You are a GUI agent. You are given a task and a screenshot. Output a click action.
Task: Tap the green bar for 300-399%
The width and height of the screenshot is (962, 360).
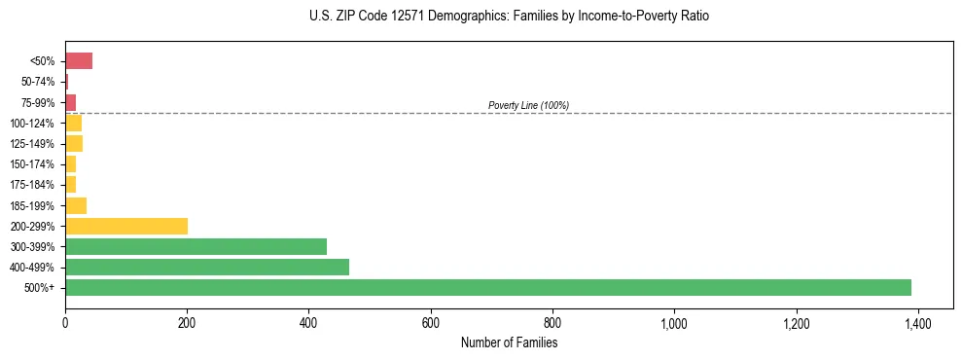[196, 247]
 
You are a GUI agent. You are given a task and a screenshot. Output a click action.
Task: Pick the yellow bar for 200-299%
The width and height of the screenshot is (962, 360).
[126, 227]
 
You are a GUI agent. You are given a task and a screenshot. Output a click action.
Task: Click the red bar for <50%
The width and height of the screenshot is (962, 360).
[79, 61]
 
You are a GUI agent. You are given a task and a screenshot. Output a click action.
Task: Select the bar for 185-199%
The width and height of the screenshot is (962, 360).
[76, 205]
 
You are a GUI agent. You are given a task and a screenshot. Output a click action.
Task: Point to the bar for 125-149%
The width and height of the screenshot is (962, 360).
[74, 144]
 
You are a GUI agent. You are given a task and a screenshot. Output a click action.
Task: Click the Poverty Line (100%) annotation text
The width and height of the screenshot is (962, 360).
[528, 105]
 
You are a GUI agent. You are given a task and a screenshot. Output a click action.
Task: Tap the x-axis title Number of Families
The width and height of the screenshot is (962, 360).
[509, 342]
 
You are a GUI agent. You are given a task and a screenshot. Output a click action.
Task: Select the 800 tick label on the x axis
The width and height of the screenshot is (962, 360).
[552, 322]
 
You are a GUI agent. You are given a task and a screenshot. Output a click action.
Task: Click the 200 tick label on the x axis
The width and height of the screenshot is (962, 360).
[187, 322]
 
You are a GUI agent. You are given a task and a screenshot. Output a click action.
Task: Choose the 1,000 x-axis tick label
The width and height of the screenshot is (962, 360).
[674, 322]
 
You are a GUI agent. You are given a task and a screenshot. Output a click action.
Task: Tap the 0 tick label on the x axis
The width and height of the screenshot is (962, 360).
[65, 322]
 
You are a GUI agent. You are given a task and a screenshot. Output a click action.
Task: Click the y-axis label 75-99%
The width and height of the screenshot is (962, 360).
[40, 102]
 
